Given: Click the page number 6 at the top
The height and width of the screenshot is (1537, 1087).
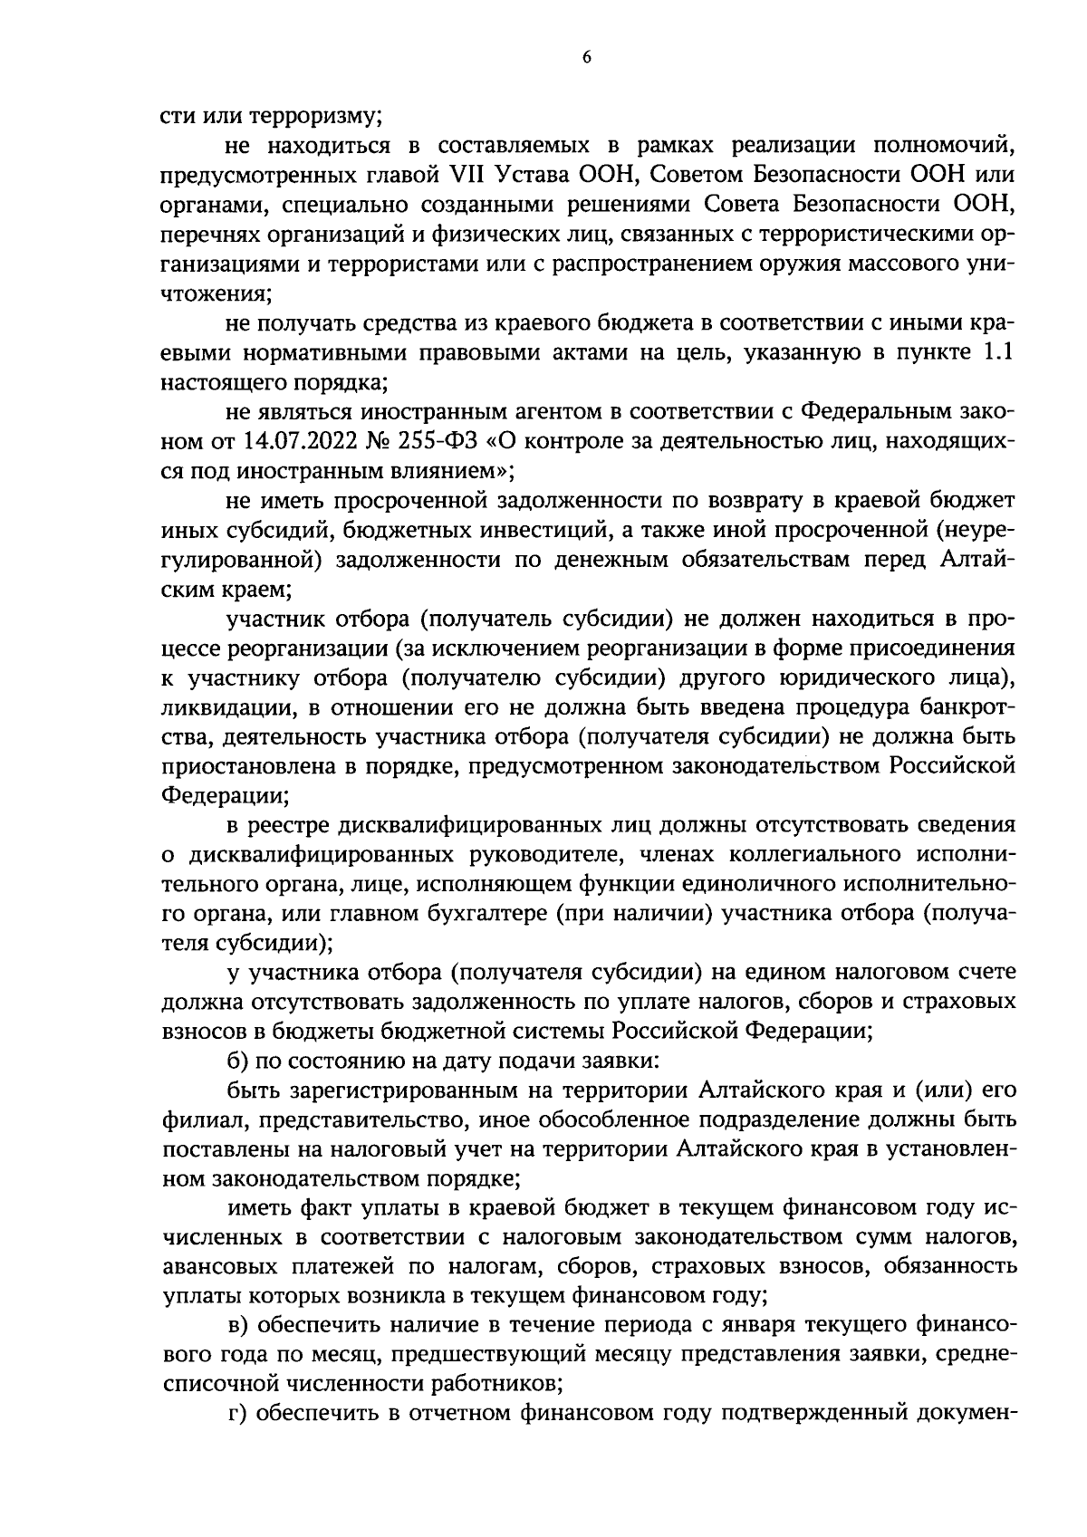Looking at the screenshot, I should (x=586, y=57).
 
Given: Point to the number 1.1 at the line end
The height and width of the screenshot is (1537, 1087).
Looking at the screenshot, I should (x=996, y=354).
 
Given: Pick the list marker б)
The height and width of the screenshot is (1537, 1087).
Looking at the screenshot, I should (x=238, y=1059).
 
